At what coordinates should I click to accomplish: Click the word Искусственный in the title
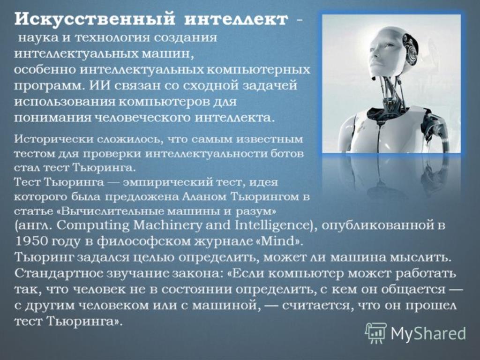click(95, 20)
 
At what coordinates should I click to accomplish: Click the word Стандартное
click(59, 273)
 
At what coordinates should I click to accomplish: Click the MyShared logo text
click(428, 333)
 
